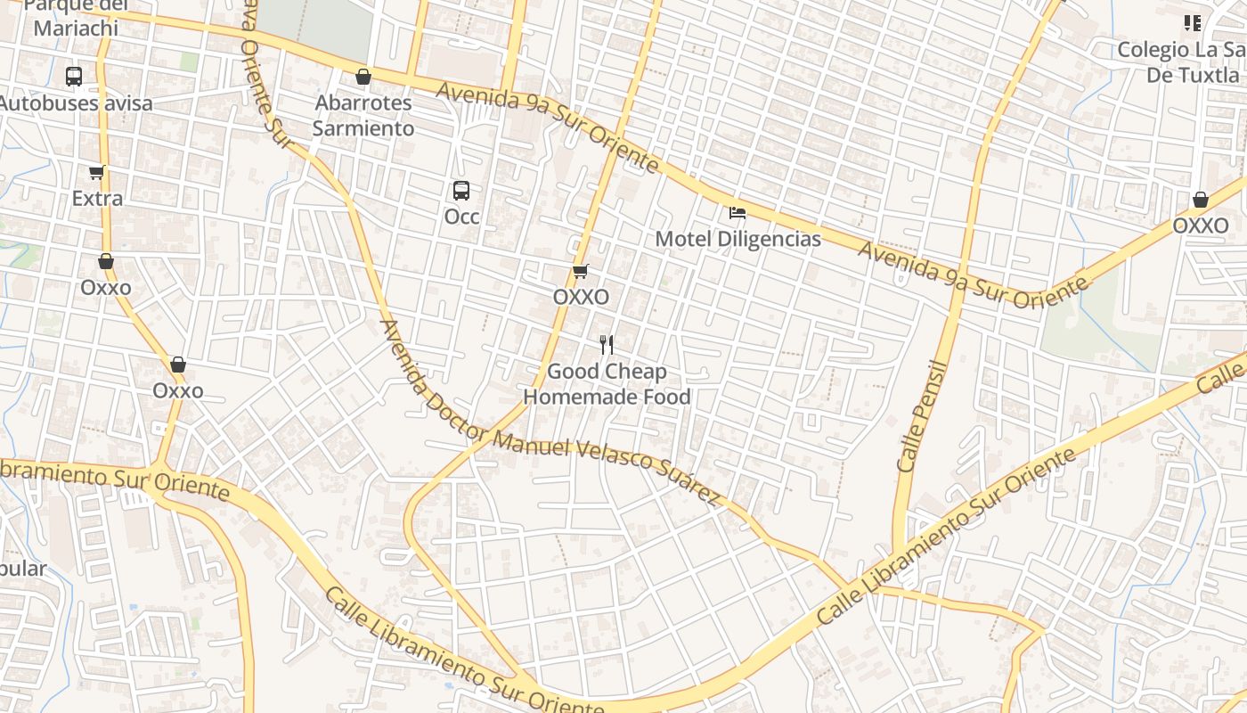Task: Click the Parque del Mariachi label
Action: point(76,18)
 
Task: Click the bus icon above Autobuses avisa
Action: point(74,77)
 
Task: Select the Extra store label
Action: point(97,198)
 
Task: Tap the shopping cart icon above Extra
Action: point(96,172)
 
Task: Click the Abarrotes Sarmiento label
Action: point(363,116)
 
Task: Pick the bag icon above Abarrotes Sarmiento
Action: point(363,78)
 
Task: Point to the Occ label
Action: point(461,217)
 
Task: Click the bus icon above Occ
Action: point(460,190)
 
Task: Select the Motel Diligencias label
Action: point(738,240)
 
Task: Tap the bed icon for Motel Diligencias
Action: point(738,213)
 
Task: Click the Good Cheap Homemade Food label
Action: point(607,384)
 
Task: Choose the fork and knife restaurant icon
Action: point(607,345)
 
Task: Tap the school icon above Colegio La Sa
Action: point(1192,23)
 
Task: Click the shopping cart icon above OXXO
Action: point(581,271)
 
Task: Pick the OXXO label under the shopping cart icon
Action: point(581,297)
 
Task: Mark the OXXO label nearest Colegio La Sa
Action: point(1200,226)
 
